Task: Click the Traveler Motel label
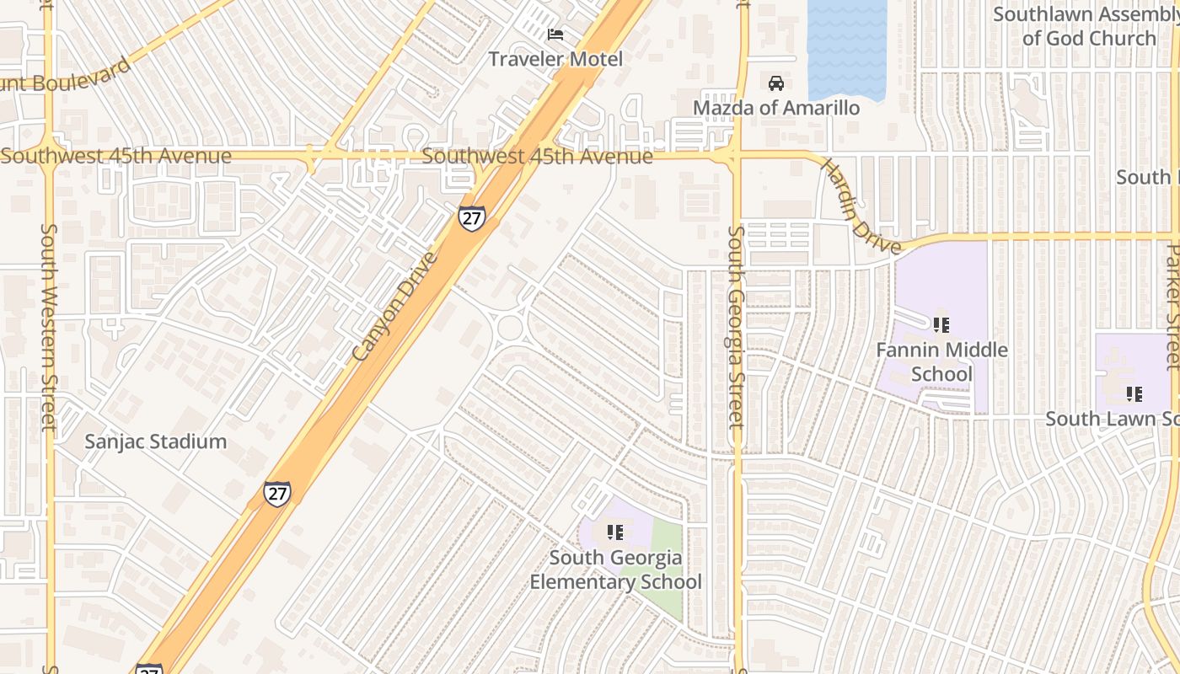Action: click(x=555, y=59)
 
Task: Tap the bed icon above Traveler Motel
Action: click(x=555, y=35)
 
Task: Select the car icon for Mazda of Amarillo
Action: click(x=776, y=83)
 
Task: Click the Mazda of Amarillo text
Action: click(x=776, y=108)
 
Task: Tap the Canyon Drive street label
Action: click(x=395, y=307)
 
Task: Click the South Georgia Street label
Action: click(x=736, y=327)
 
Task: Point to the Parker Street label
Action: click(x=1172, y=308)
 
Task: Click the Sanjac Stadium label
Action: click(x=156, y=441)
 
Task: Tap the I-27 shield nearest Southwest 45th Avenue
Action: click(x=472, y=217)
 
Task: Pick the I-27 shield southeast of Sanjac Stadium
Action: click(x=276, y=494)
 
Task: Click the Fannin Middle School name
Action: click(x=941, y=361)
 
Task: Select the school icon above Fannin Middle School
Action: click(x=941, y=324)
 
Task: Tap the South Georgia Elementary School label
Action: click(x=615, y=570)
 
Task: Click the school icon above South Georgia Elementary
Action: click(x=615, y=532)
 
